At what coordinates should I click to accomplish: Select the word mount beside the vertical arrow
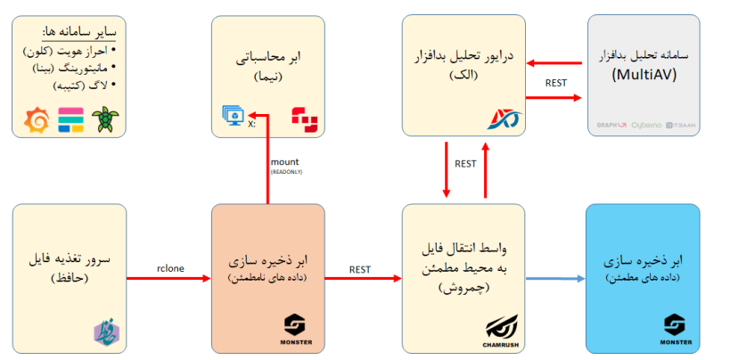coord(285,161)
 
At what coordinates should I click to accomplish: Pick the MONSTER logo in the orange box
coord(295,324)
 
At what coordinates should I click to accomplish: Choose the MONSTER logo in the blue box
coord(677,325)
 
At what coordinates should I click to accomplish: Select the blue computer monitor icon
coord(233,116)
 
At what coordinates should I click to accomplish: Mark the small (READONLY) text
coord(285,171)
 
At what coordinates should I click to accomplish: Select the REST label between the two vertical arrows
coord(465,164)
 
